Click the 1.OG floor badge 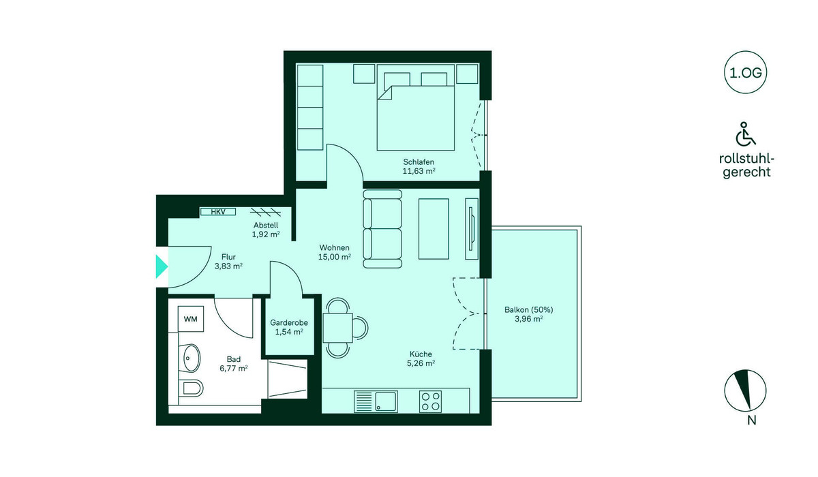(745, 73)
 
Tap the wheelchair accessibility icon (745, 134)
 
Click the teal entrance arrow (162, 267)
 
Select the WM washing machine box (191, 319)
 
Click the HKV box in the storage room (218, 212)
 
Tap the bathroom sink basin (192, 358)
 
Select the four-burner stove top (430, 401)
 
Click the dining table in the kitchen (338, 328)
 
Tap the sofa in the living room (382, 229)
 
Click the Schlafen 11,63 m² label (419, 166)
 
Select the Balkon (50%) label (528, 310)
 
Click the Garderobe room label (289, 322)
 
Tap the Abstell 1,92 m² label (266, 230)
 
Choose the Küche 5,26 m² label (421, 358)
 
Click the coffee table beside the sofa (434, 229)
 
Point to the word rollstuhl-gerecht (746, 166)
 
